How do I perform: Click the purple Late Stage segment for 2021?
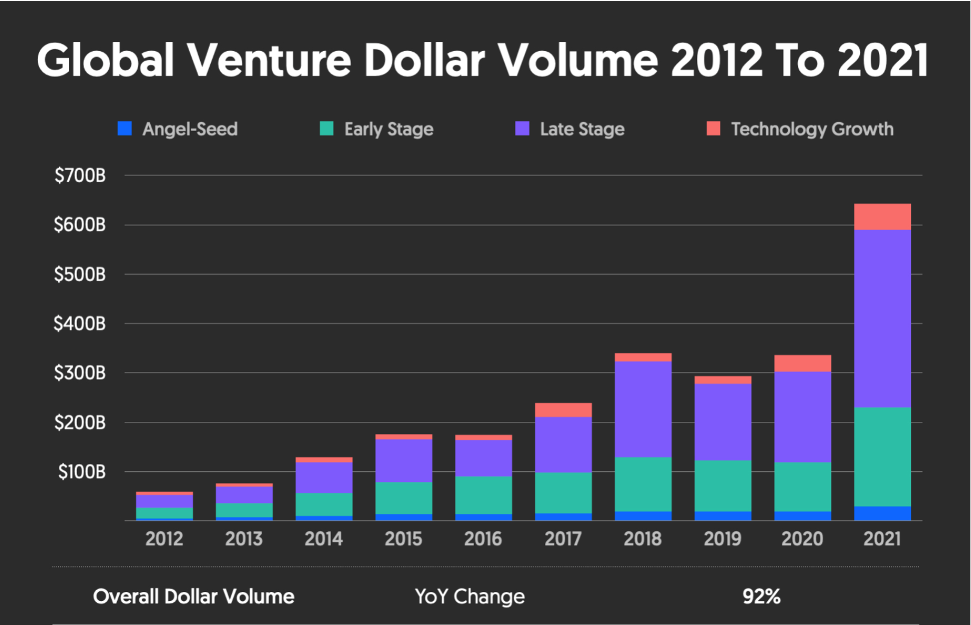point(882,319)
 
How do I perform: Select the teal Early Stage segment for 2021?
point(882,457)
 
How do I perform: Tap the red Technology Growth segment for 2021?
point(882,217)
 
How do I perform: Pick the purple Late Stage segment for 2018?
point(643,409)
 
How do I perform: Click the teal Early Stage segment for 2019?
point(723,486)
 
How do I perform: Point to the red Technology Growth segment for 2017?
point(563,410)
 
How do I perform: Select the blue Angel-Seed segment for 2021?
point(882,513)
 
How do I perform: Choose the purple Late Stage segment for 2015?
point(404,460)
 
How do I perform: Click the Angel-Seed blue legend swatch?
point(124,129)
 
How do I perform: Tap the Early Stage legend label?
point(389,129)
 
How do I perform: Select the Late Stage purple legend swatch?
point(522,129)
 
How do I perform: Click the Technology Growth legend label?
point(812,129)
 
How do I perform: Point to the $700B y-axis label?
point(80,175)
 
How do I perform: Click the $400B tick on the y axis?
point(80,324)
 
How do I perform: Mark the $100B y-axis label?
point(82,472)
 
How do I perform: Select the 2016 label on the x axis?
point(483,538)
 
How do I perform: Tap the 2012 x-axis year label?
point(164,538)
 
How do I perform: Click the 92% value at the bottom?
point(761,596)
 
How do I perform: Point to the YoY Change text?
point(469,596)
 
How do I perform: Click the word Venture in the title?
point(269,61)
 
